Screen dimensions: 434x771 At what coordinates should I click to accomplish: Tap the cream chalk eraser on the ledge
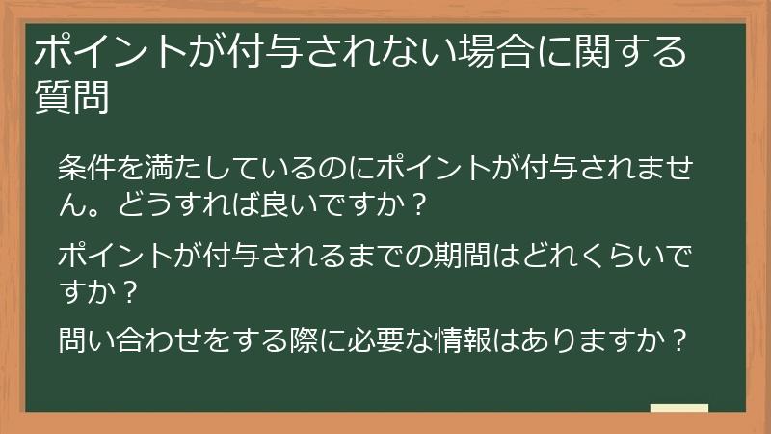click(679, 407)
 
